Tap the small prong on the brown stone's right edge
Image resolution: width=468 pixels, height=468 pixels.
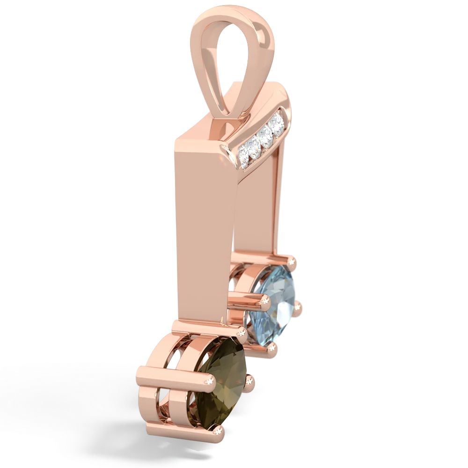pos(253,377)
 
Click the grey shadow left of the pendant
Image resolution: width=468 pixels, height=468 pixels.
pos(70,398)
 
